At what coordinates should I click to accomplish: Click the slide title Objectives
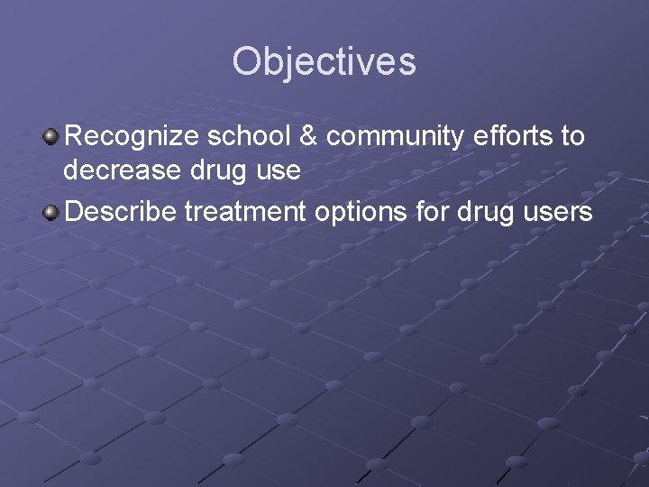coord(324,62)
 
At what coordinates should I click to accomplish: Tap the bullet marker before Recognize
coord(52,137)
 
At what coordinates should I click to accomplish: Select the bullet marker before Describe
coord(52,213)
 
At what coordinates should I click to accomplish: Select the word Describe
coord(121,213)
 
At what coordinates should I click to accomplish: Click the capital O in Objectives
coord(248,62)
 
